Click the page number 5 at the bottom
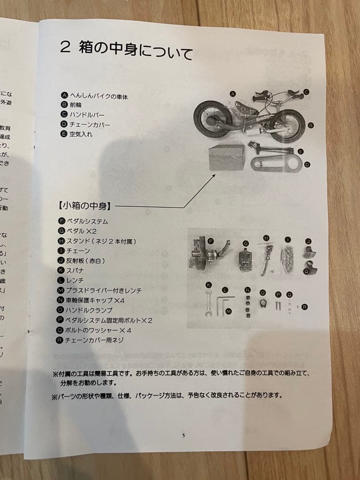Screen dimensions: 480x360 pyautogui.click(x=184, y=435)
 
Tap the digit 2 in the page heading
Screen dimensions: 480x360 pyautogui.click(x=65, y=48)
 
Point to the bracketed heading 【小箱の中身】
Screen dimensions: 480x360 pyautogui.click(x=84, y=206)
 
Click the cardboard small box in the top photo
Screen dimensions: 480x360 pyautogui.click(x=227, y=157)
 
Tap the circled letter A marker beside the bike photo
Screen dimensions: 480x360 pyautogui.click(x=232, y=94)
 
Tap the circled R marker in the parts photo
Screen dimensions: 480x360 pyautogui.click(x=304, y=307)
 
